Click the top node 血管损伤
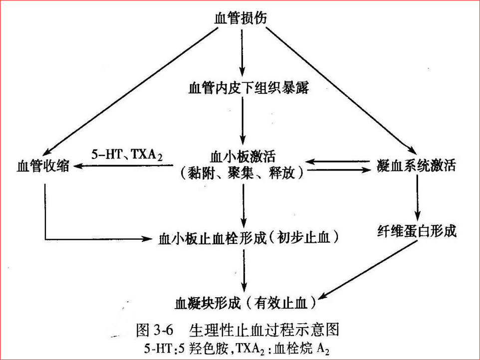tap(240, 17)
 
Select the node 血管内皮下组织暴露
tap(241, 89)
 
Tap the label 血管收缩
tap(43, 166)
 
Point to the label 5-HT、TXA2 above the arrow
tap(127, 155)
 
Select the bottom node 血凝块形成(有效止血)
tap(244, 302)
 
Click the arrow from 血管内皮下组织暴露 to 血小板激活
tap(241, 122)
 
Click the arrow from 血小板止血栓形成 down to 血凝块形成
tap(243, 269)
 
